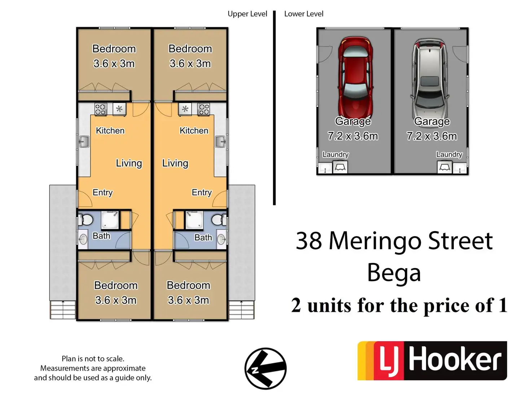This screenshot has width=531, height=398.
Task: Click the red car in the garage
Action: point(355,78)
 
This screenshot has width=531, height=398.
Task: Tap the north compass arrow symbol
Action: point(265,368)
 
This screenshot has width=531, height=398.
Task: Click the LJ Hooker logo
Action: point(432,361)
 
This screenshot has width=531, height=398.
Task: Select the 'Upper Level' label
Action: point(247,14)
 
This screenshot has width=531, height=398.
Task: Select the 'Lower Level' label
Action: point(304,14)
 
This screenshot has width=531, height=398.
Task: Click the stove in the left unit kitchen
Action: point(101,109)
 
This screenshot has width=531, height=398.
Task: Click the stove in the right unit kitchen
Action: point(204,109)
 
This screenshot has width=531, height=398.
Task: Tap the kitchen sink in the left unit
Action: point(84,142)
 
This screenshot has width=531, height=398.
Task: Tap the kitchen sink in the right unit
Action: point(220,142)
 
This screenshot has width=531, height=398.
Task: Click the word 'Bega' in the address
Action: point(394,273)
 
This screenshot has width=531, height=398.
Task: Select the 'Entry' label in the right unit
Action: point(201,193)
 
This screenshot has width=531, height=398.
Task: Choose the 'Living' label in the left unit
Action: point(129,163)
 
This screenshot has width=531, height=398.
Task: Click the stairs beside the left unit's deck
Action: point(63,310)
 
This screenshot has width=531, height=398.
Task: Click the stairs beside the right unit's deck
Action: point(241,310)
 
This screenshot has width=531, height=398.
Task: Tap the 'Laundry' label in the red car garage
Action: point(335,155)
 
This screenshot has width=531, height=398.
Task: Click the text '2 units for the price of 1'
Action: point(399,305)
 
